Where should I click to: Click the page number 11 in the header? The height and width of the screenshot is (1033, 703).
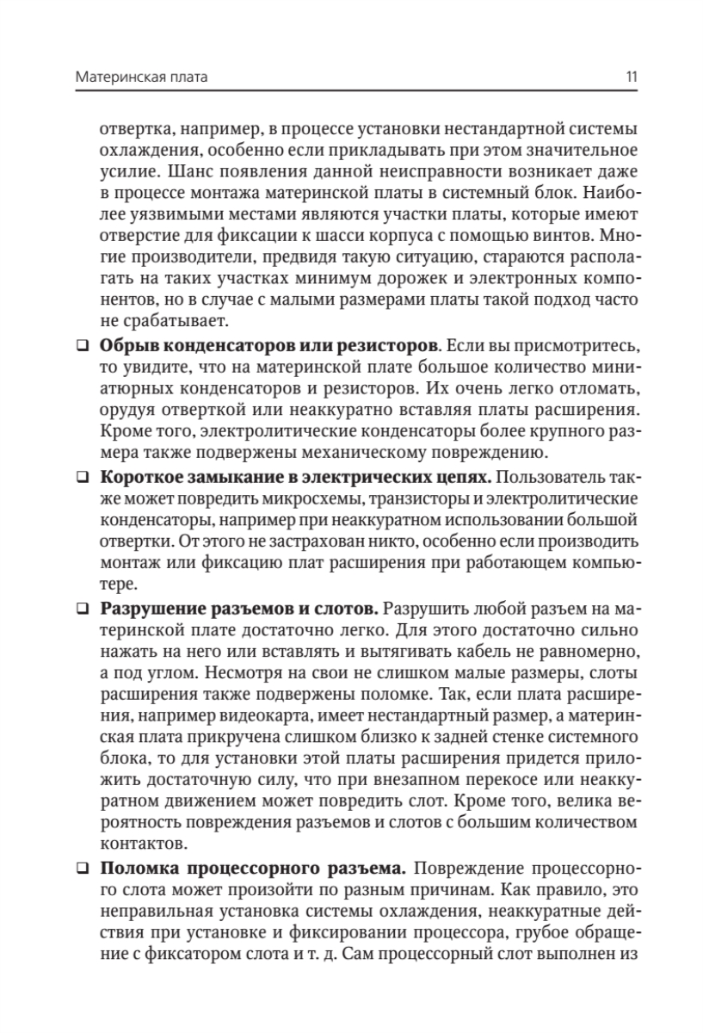coord(632,77)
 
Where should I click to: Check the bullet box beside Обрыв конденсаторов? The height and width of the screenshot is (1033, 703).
coord(82,345)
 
